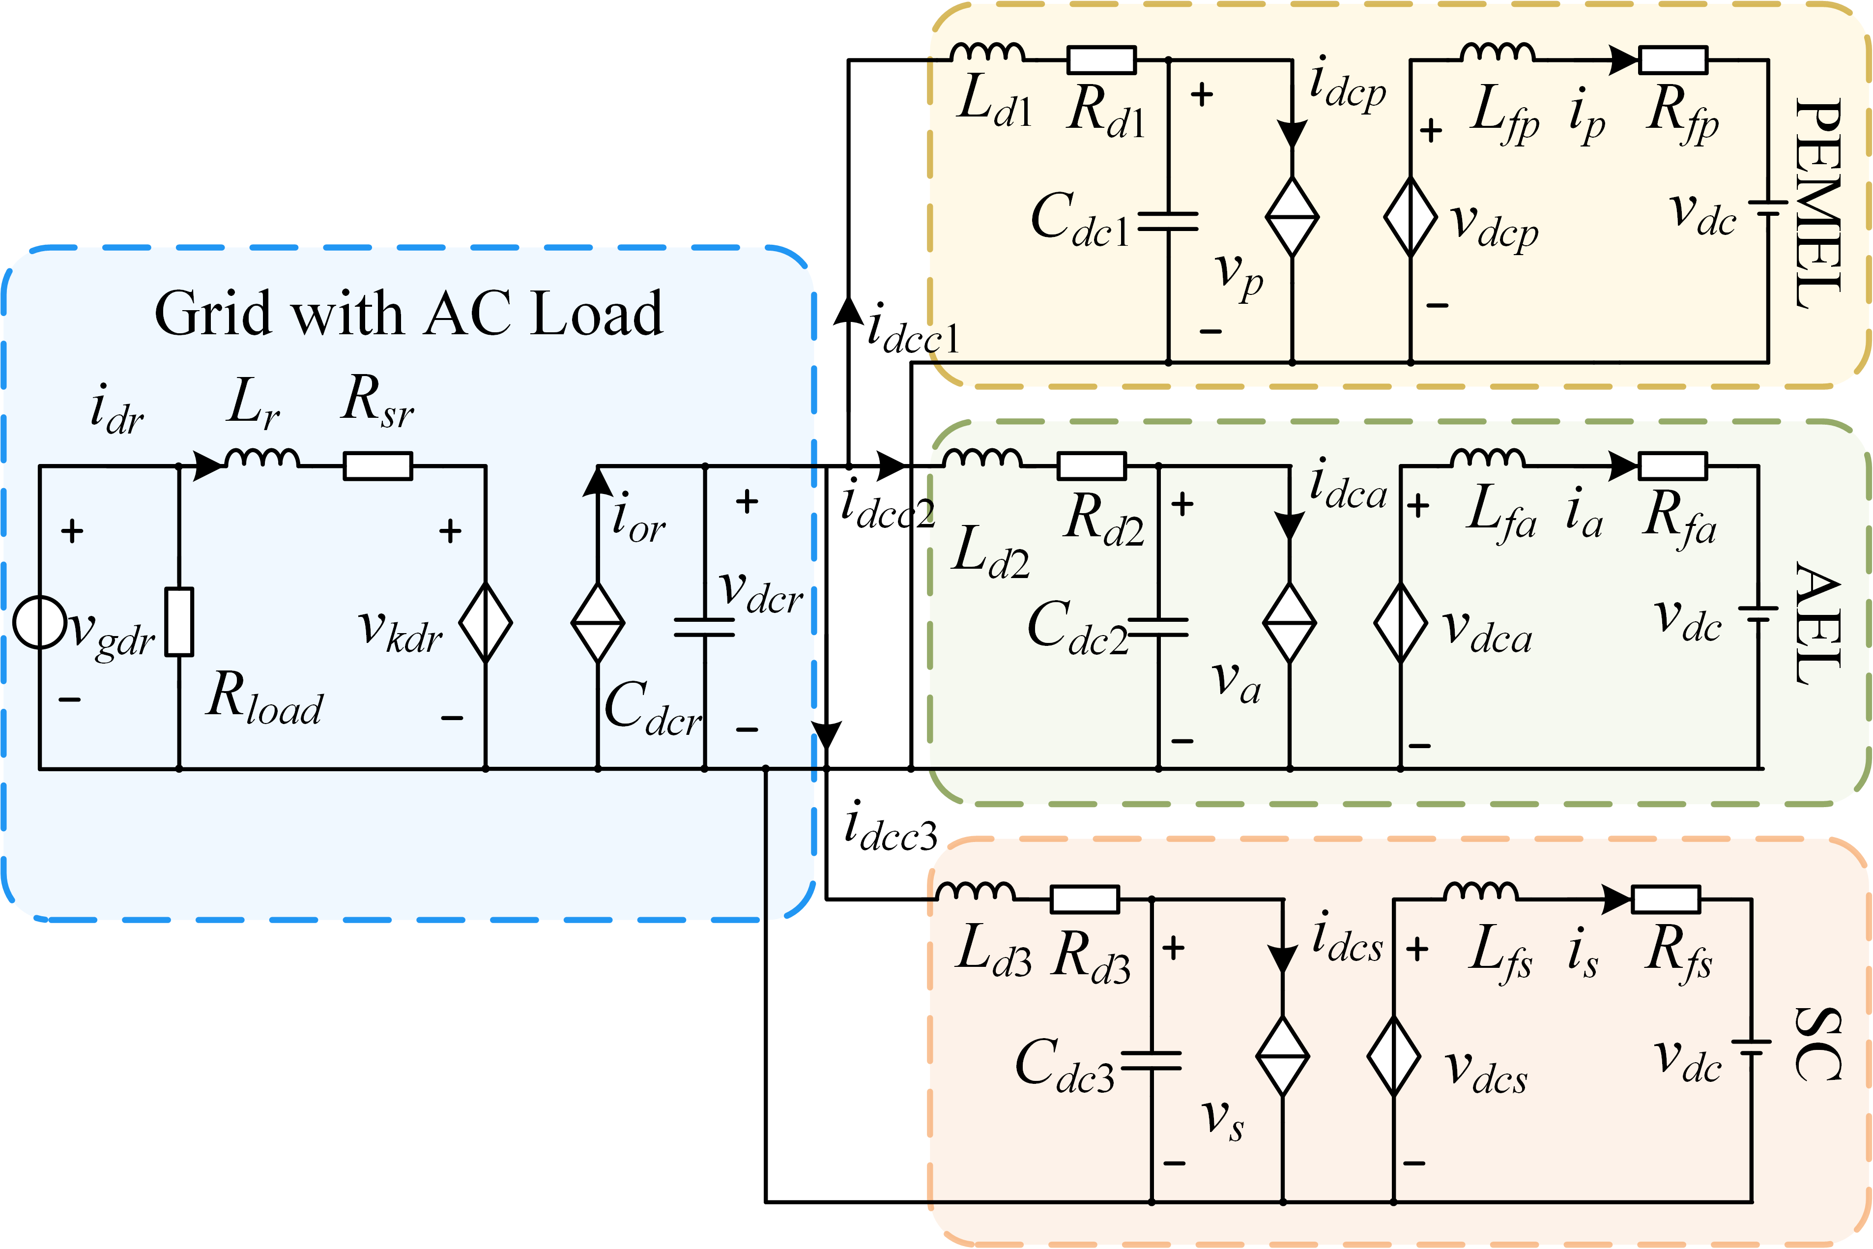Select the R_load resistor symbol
[179, 622]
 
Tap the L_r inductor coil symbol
[262, 459]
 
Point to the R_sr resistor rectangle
[377, 466]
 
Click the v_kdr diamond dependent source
[486, 623]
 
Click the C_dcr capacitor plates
[704, 628]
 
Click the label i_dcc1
[914, 328]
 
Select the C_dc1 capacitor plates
[1168, 222]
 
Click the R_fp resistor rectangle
[1672, 60]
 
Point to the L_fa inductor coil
[1488, 459]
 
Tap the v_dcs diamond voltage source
[1394, 1056]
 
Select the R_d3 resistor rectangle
[1085, 900]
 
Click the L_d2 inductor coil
[981, 459]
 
